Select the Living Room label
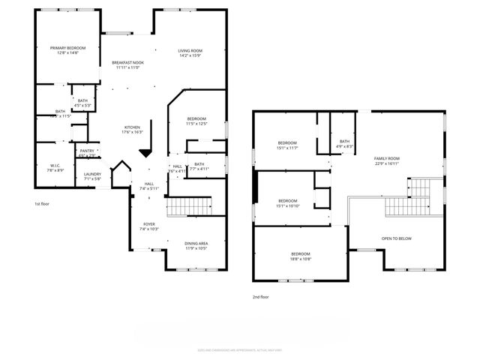(190, 52)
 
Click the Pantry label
(87, 152)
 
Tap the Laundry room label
(92, 177)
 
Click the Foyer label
(149, 226)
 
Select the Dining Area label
(196, 245)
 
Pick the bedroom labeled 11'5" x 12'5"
(196, 121)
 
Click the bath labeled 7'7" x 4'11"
(199, 166)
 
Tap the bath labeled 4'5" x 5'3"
(82, 103)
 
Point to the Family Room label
(387, 160)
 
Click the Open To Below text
(396, 238)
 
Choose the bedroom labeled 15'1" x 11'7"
(288, 145)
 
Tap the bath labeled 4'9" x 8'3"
(344, 143)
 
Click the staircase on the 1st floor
(187, 206)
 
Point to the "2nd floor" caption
(260, 297)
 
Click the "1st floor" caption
(42, 204)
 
